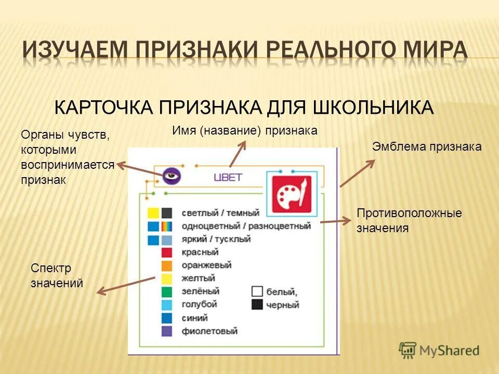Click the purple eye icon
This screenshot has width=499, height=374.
pyautogui.click(x=170, y=176)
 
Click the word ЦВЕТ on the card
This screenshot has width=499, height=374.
pyautogui.click(x=228, y=177)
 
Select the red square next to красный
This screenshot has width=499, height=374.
pyautogui.click(x=166, y=252)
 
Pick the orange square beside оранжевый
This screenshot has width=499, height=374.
pyautogui.click(x=166, y=265)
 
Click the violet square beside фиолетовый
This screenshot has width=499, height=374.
pyautogui.click(x=166, y=330)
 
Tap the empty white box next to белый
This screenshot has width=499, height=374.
pyautogui.click(x=257, y=291)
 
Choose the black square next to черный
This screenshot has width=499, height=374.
pyautogui.click(x=257, y=304)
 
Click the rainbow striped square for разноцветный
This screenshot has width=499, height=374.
pyautogui.click(x=166, y=226)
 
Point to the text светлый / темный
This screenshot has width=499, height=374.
pyautogui.click(x=220, y=213)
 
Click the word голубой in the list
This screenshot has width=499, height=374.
pyautogui.click(x=200, y=304)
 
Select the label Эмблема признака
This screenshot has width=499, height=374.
pyautogui.click(x=427, y=147)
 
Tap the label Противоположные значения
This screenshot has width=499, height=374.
pyautogui.click(x=409, y=220)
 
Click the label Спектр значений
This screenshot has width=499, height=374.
pyautogui.click(x=57, y=276)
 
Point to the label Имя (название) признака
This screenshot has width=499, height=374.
pyautogui.click(x=244, y=130)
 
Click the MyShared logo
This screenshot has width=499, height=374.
pyautogui.click(x=439, y=350)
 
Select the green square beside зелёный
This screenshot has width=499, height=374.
pyautogui.click(x=166, y=291)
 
